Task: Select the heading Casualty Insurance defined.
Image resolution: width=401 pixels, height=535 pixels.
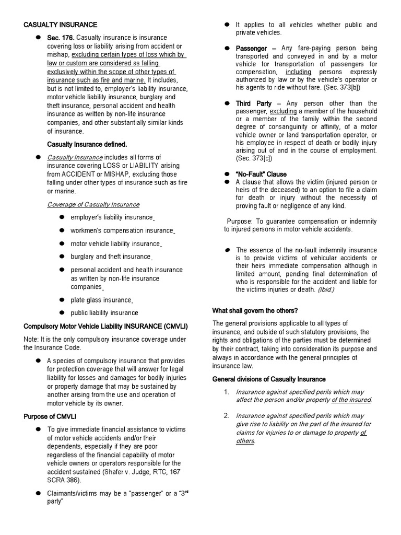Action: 87,144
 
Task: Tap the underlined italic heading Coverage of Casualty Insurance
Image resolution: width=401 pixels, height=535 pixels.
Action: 93,204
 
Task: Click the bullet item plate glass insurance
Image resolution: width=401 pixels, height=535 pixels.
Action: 101,300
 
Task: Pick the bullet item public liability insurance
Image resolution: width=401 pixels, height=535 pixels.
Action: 104,313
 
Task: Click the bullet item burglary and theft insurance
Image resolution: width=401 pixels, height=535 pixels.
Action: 111,257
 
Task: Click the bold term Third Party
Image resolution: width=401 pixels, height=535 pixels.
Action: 254,103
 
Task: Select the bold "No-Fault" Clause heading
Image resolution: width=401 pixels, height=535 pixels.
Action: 261,174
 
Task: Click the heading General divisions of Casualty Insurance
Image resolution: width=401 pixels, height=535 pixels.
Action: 268,379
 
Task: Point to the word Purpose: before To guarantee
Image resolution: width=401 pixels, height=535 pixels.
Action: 239,221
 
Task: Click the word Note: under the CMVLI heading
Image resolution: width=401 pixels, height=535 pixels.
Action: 32,340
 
